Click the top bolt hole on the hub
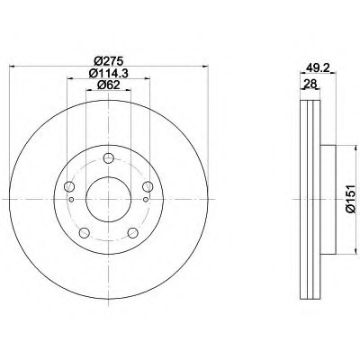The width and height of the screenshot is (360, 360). (108, 159)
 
